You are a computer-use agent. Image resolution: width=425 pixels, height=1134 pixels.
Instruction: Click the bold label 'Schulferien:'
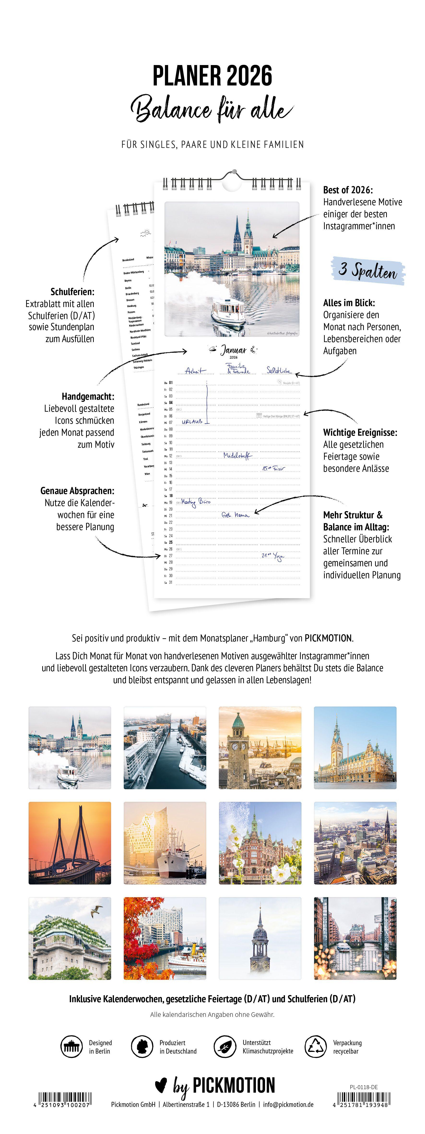pos(72,291)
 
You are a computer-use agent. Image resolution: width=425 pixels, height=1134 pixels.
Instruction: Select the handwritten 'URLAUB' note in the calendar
pos(192,421)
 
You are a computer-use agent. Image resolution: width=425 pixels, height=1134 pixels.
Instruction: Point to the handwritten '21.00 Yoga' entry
pos(273,556)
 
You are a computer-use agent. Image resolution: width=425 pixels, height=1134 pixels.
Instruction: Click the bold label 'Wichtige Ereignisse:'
pos(360,432)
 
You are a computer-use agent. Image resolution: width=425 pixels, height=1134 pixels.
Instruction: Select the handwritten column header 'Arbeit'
pos(195,371)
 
